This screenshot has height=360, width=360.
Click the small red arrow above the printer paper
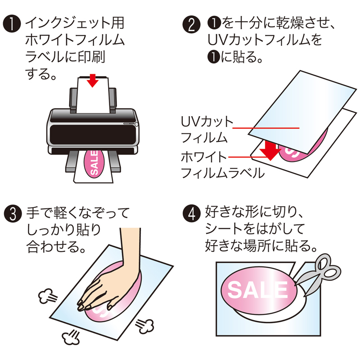click(93, 80)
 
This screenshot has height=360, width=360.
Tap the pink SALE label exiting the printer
click(94, 164)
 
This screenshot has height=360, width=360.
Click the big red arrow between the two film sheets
click(270, 150)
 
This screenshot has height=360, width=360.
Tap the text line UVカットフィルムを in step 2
click(265, 41)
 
